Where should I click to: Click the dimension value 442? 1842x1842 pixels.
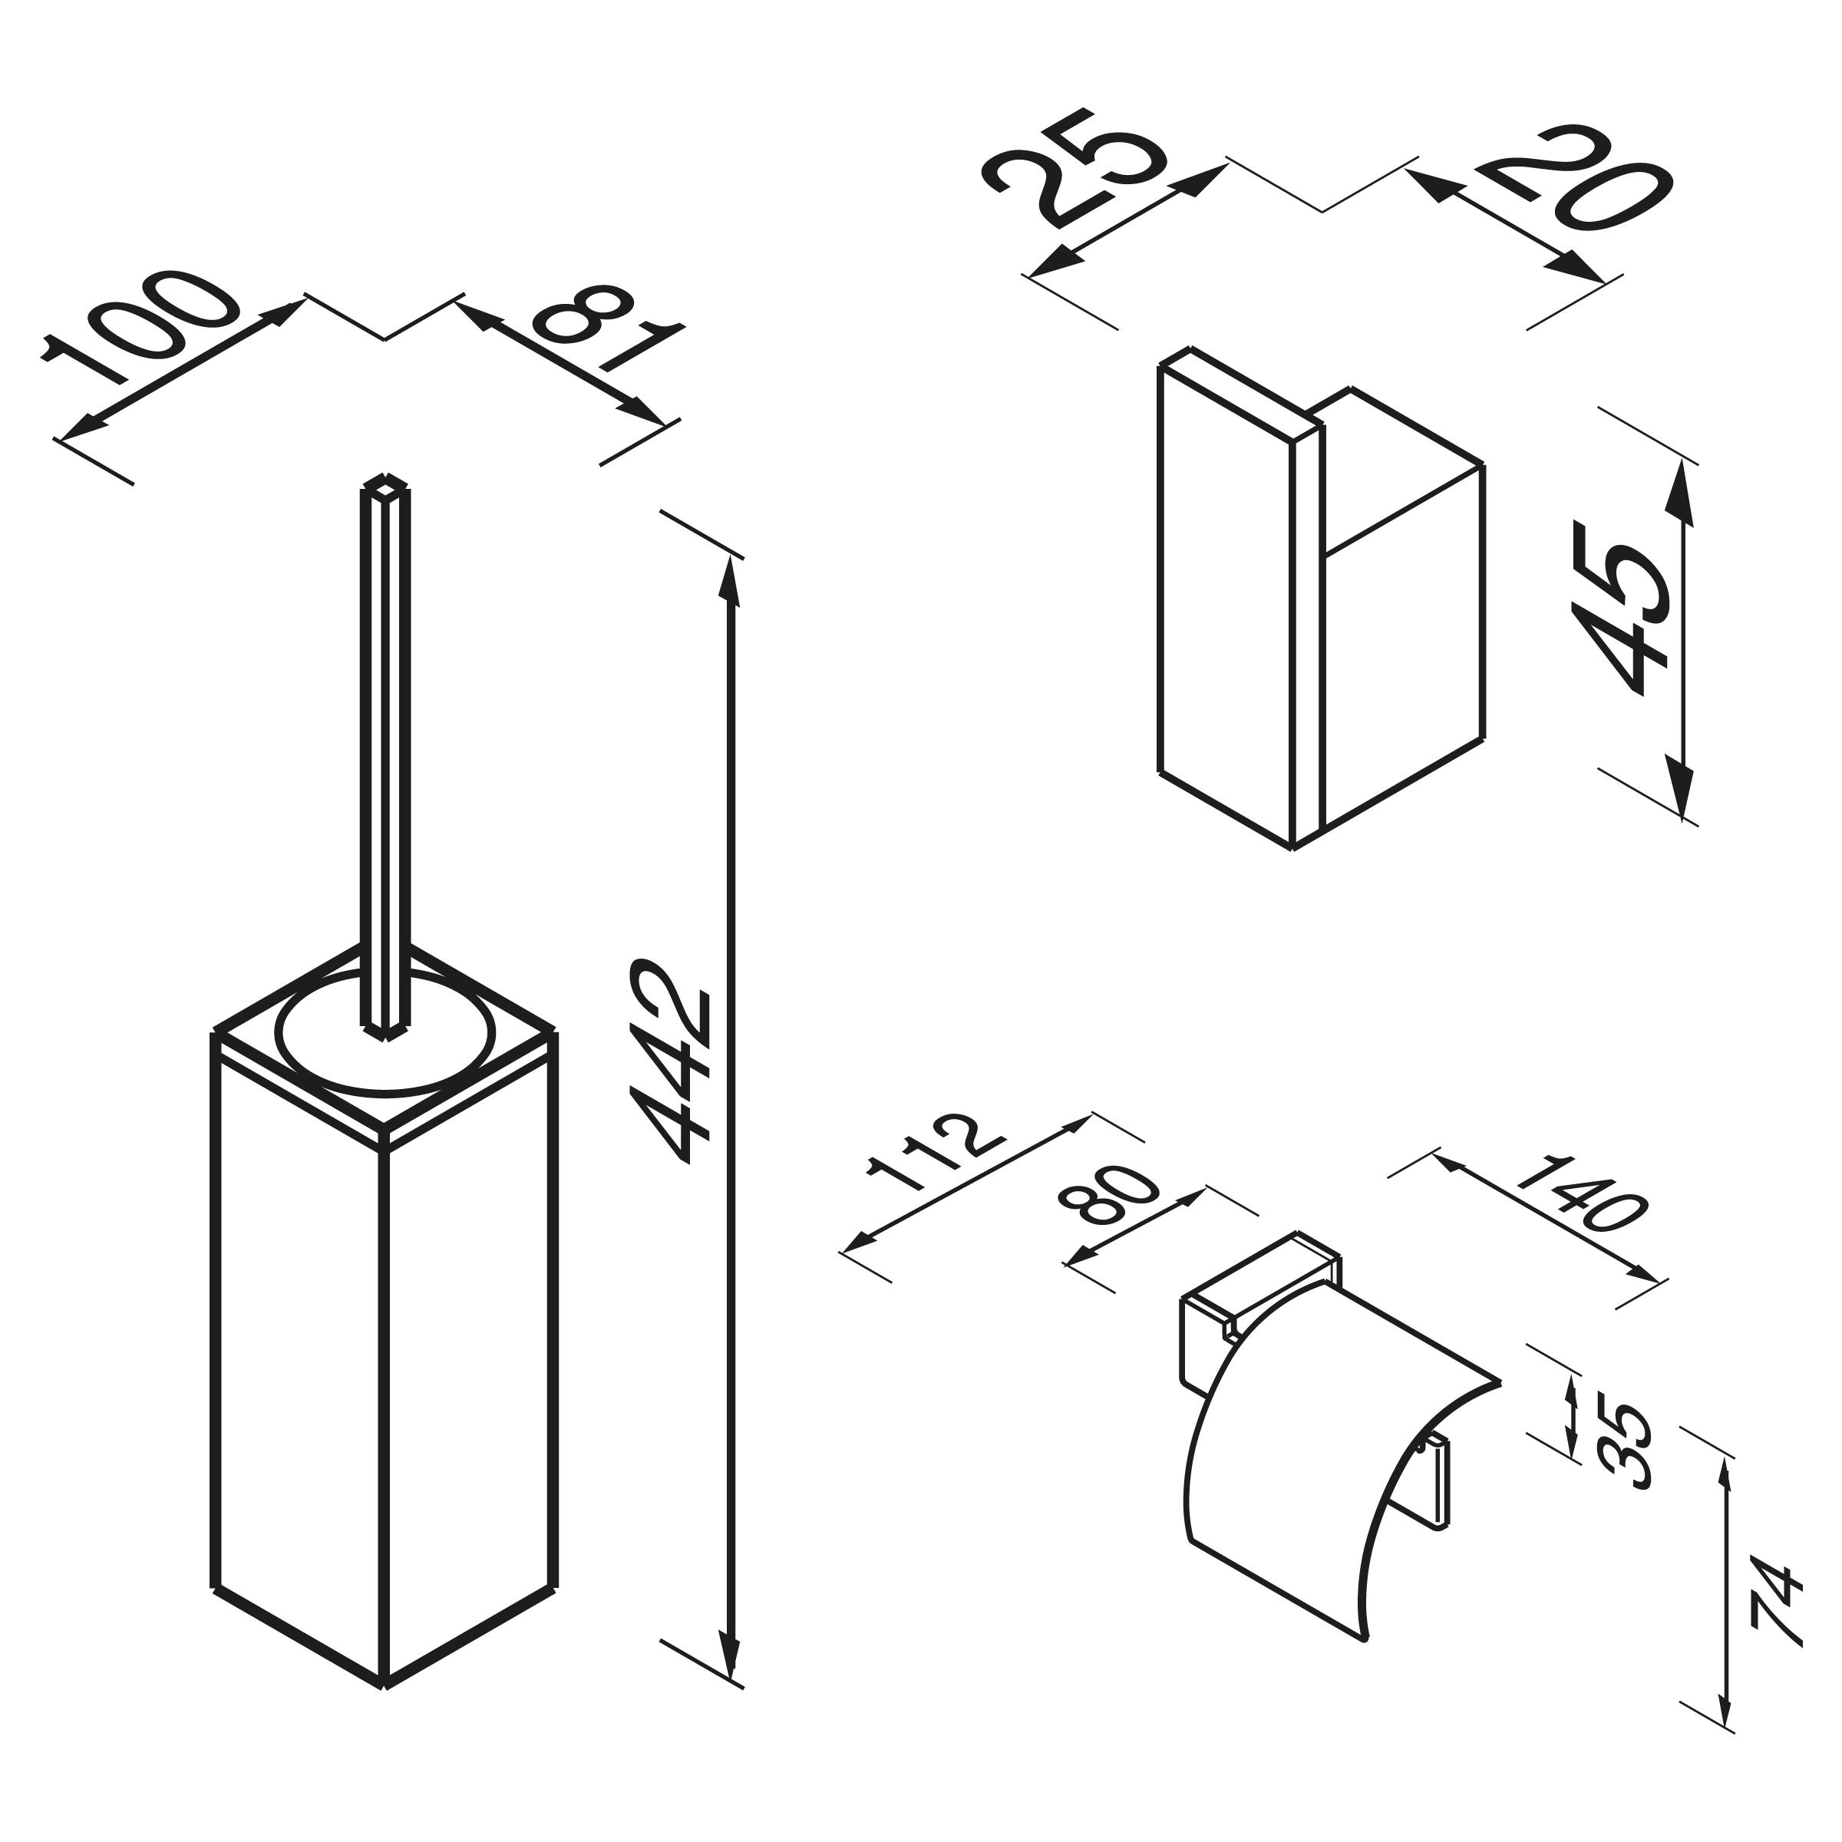[670, 1064]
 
